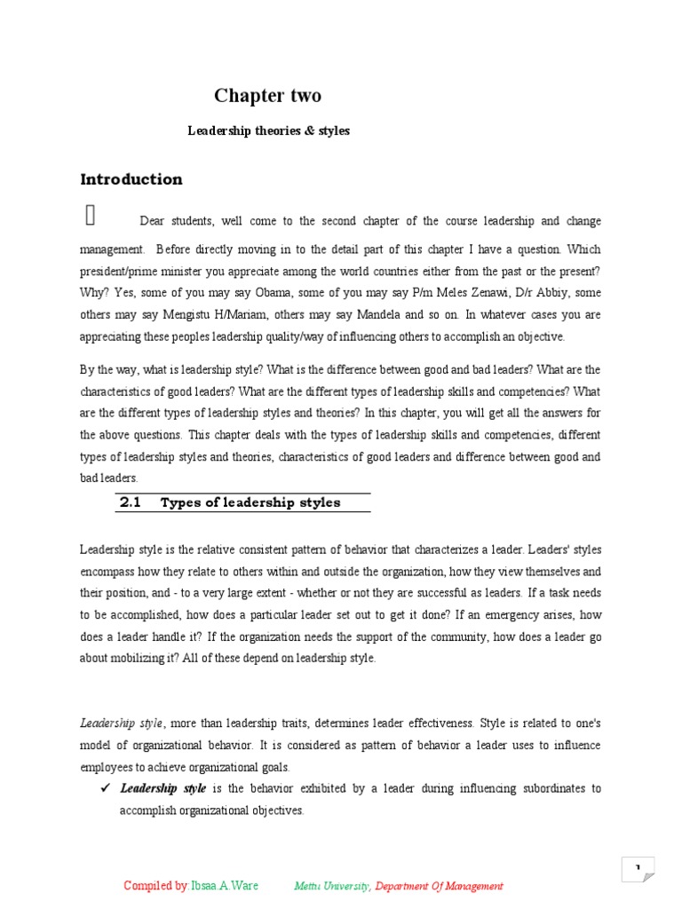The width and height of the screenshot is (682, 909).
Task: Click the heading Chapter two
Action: click(267, 96)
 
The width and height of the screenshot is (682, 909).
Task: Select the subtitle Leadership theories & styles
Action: click(268, 130)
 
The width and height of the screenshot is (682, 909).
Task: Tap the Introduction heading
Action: click(131, 179)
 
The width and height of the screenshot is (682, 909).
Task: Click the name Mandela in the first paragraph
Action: click(355, 314)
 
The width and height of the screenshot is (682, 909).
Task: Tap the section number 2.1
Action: click(130, 502)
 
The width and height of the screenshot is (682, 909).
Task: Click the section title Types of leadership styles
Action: click(250, 502)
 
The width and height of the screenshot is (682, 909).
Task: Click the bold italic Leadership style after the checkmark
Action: click(163, 788)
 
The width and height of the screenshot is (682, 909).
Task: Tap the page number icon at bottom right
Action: click(638, 868)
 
